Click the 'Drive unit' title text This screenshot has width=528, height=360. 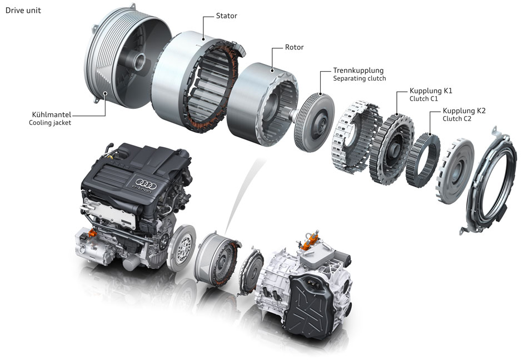(23, 11)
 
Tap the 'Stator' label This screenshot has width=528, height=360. (226, 16)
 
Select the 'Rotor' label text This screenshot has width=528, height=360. (294, 47)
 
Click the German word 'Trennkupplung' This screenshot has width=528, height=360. (358, 71)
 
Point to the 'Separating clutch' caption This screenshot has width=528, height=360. (359, 78)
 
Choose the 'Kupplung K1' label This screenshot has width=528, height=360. (431, 91)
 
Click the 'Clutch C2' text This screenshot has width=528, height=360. (457, 119)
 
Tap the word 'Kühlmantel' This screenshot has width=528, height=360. (52, 114)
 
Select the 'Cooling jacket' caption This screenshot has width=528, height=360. (50, 122)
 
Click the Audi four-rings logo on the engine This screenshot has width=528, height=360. (146, 184)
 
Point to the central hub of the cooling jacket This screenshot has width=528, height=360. (138, 61)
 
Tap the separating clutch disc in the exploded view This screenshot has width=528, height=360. (314, 122)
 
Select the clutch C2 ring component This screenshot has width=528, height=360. (422, 160)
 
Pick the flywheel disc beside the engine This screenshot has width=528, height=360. (181, 248)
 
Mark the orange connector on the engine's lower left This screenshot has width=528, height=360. (92, 232)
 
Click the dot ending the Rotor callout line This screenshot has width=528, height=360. (272, 71)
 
